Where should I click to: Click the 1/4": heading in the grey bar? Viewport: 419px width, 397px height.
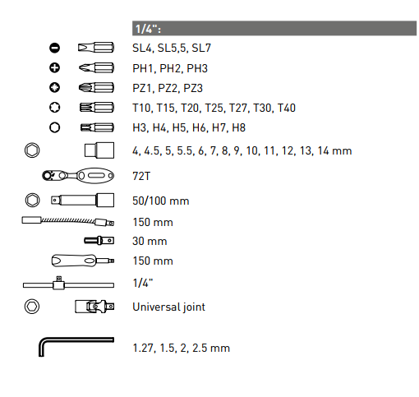point(148,29)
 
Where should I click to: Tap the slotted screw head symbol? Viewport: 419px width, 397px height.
point(54,48)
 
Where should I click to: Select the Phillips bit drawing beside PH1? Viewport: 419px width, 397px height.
point(96,67)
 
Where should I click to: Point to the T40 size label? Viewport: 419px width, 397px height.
point(287,108)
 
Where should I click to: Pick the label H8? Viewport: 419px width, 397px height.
point(238,128)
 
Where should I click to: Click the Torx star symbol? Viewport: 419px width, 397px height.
point(54,108)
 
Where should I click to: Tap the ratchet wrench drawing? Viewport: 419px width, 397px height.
point(78,176)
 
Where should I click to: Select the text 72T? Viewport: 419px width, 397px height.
point(141,176)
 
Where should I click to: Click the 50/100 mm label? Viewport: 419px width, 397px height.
point(161,201)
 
